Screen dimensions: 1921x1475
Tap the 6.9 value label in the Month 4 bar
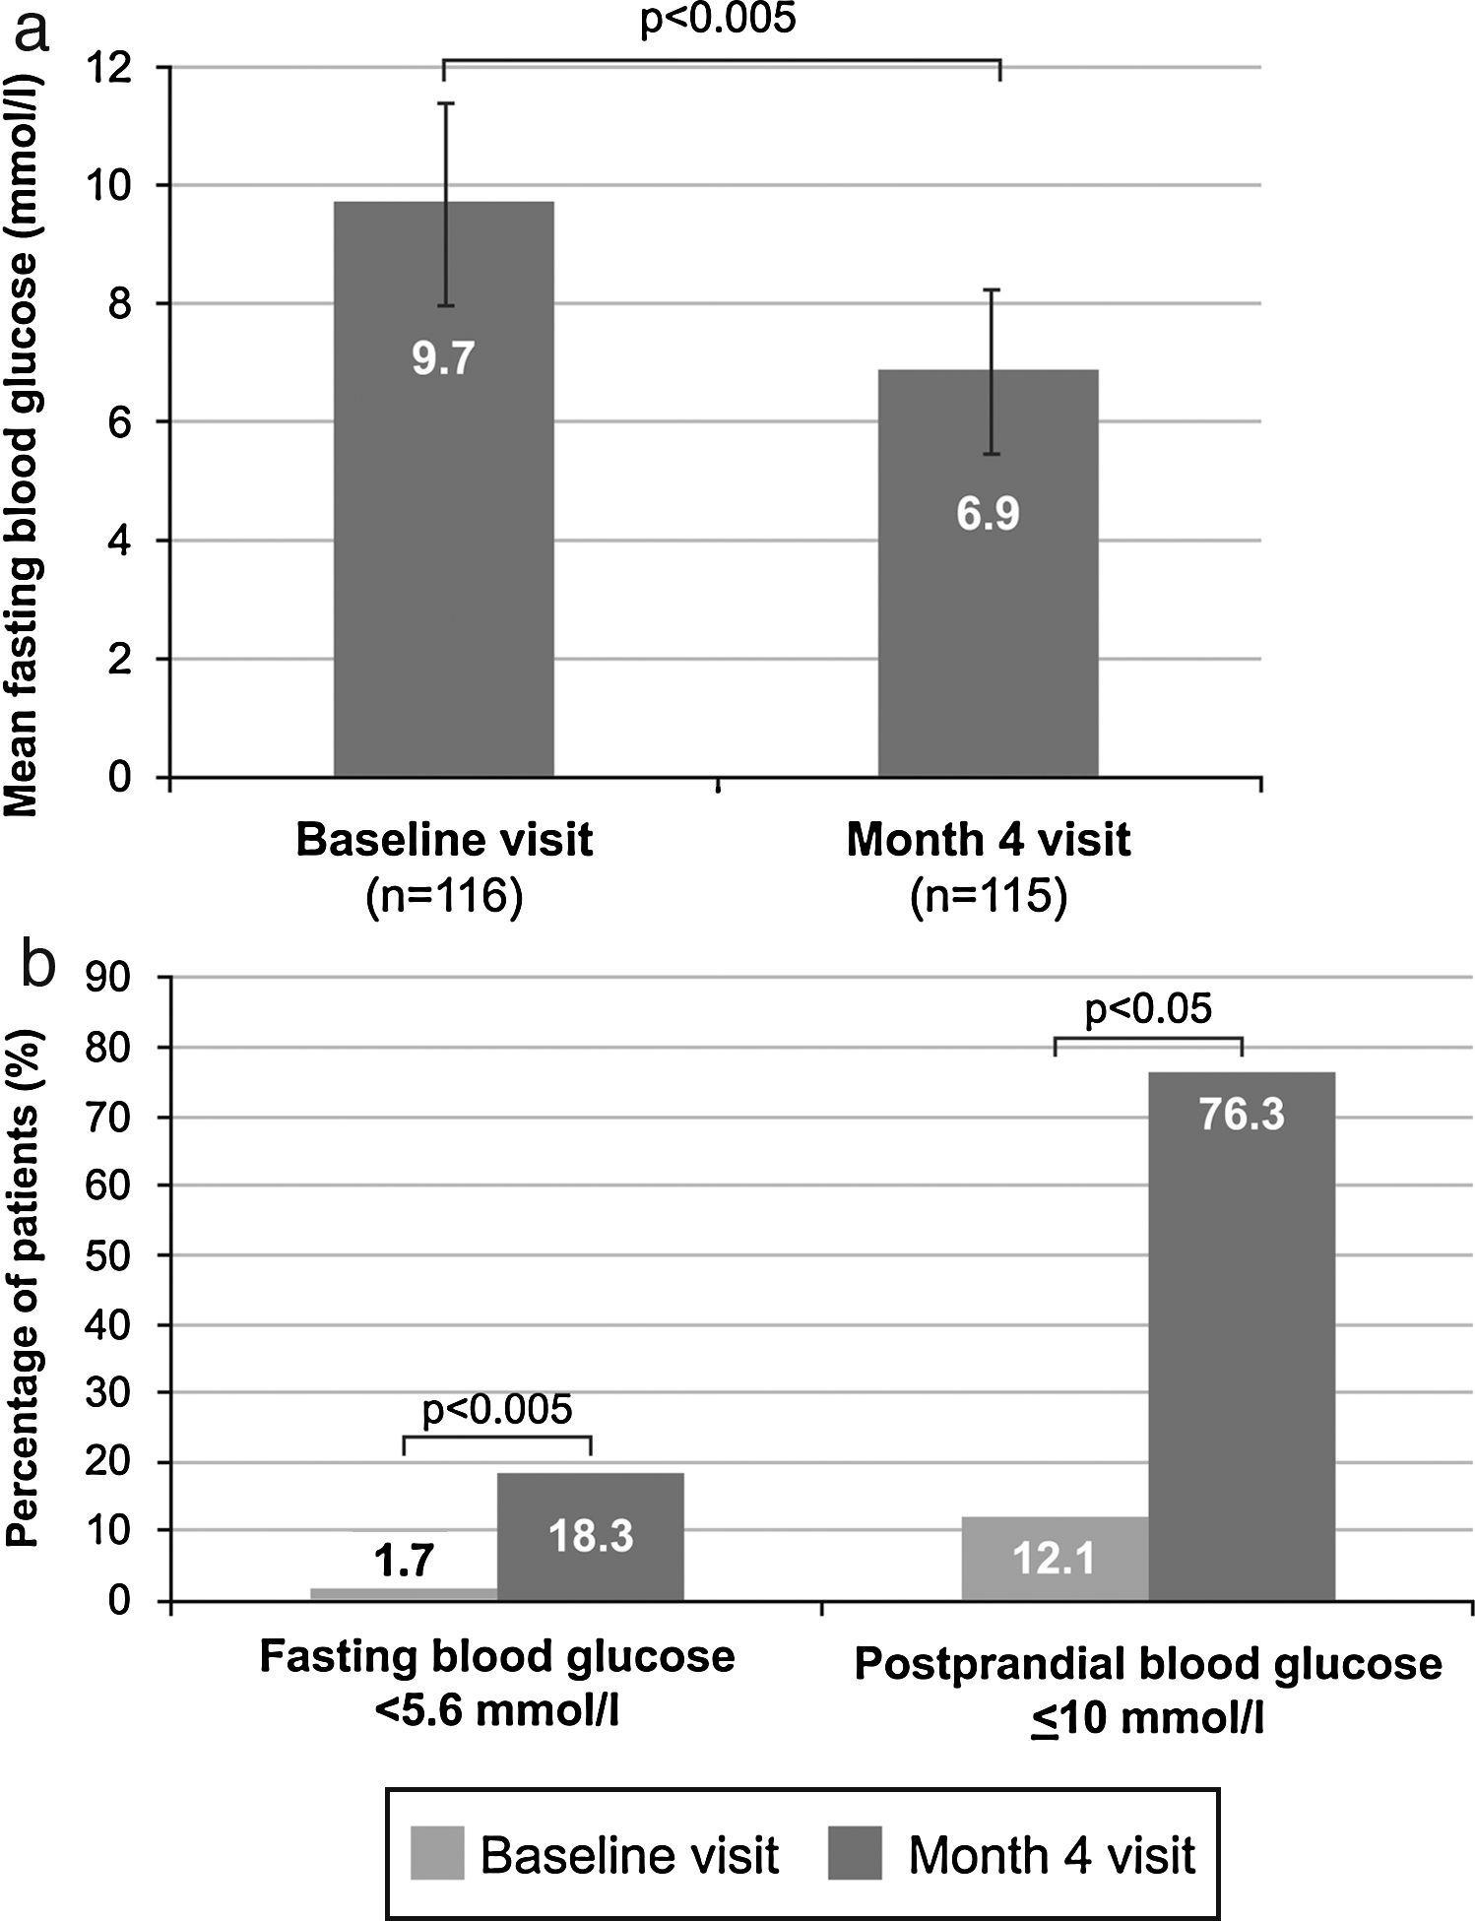[988, 514]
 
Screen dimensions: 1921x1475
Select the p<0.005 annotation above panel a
[717, 20]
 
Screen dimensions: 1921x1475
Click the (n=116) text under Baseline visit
[443, 897]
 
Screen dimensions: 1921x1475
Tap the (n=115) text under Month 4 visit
[988, 897]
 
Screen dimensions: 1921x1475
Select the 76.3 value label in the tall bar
[1241, 1115]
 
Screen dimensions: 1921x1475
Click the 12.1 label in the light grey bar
[1055, 1559]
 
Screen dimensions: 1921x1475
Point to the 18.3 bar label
[590, 1536]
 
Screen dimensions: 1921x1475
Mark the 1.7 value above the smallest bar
[404, 1561]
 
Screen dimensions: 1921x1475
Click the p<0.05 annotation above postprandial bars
[1148, 1009]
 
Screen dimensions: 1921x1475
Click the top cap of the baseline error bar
[445, 103]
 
